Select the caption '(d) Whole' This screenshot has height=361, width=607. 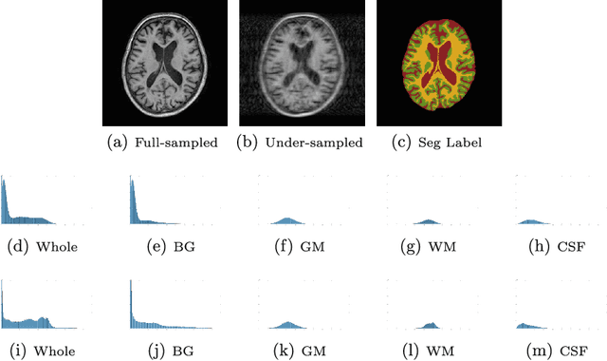(42, 248)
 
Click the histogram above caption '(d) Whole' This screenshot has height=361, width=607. (38, 204)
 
